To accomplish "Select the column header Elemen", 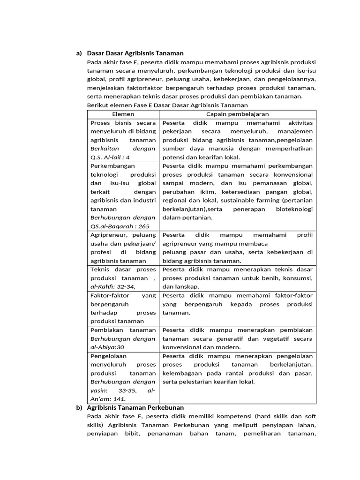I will point(123,114).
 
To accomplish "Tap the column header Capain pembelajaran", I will point(238,114).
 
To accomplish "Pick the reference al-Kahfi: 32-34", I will point(112,286).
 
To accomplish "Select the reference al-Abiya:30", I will point(107,347).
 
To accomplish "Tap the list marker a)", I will point(79,53).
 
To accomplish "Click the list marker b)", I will point(79,407).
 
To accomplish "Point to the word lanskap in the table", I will point(187,286).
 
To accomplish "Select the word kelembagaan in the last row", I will point(180,373).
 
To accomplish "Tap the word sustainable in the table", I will point(249,200).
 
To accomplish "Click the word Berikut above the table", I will point(97,105).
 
